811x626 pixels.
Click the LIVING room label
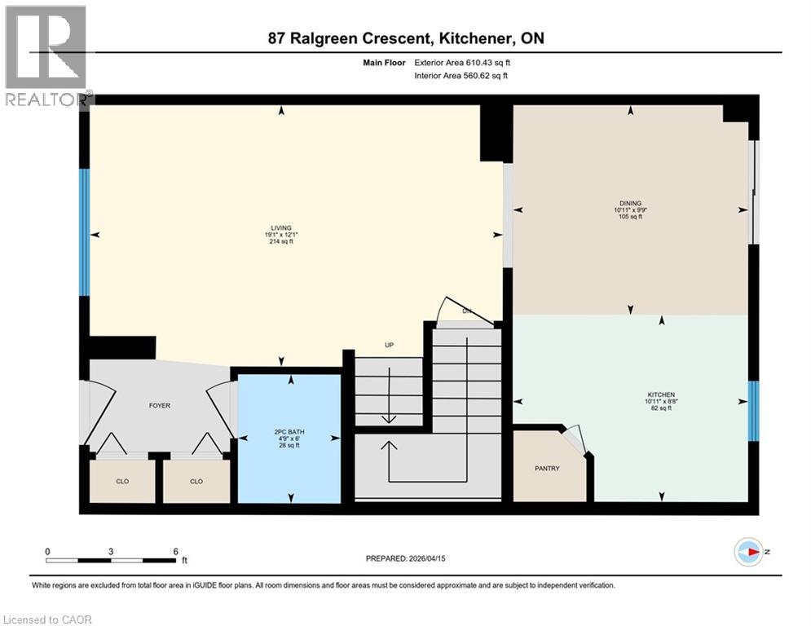click(x=282, y=228)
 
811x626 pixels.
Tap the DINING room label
click(x=629, y=204)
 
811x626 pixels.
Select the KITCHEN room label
click(x=660, y=395)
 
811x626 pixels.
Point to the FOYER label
click(x=159, y=405)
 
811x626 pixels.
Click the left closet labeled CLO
click(x=121, y=482)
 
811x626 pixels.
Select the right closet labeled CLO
click(x=196, y=482)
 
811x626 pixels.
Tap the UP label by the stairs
click(x=389, y=345)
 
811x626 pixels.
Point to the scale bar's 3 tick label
click(x=110, y=551)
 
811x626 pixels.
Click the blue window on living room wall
click(x=84, y=232)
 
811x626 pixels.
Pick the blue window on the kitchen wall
click(x=753, y=410)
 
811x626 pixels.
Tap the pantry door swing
click(x=575, y=439)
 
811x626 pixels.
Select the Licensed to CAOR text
click(x=47, y=619)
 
